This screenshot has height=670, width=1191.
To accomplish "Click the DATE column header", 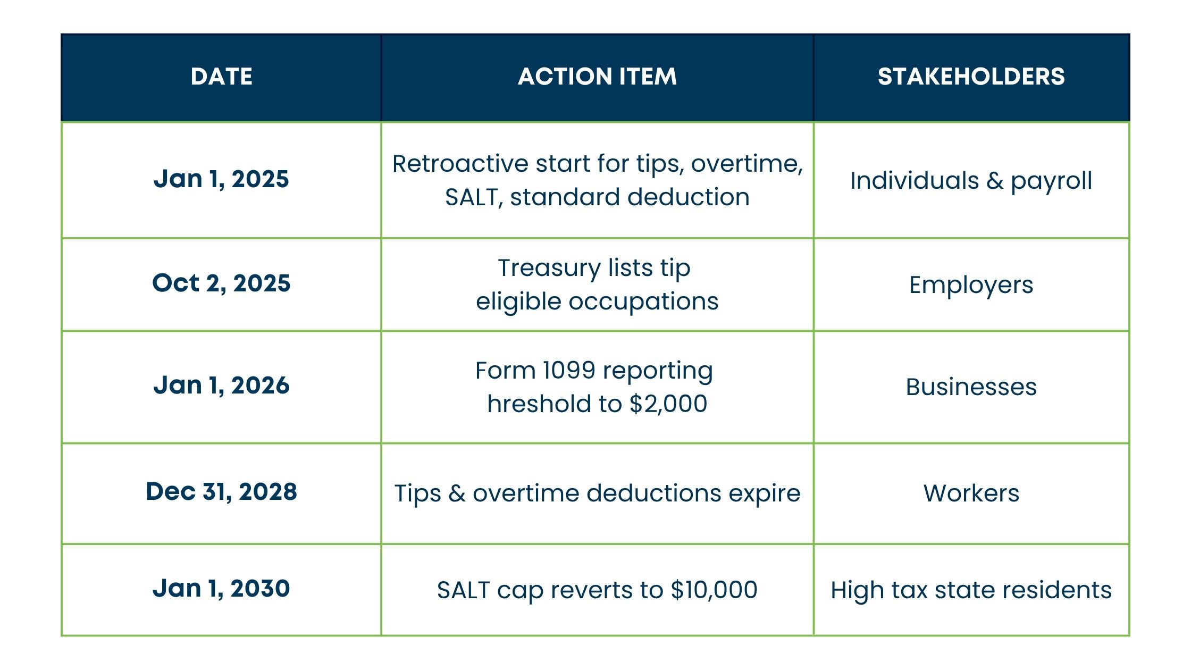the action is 221,77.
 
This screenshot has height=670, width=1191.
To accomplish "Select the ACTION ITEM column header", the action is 597,77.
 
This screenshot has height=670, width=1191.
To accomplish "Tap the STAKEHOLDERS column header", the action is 971,77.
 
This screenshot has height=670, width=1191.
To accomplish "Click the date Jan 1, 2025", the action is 221,179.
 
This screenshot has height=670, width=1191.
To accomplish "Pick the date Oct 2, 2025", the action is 221,283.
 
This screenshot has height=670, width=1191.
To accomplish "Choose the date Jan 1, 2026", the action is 221,385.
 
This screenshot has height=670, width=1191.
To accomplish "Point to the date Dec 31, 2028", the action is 221,492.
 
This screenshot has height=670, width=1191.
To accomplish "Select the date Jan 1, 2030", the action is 221,589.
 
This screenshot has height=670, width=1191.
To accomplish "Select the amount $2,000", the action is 668,404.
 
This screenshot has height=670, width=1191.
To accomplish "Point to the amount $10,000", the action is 714,590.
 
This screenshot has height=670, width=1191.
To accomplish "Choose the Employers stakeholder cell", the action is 971,285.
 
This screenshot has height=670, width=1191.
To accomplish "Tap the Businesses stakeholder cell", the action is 971,387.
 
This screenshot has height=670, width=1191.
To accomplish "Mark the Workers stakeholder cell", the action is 971,493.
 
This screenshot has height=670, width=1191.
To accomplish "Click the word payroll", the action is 1051,181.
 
